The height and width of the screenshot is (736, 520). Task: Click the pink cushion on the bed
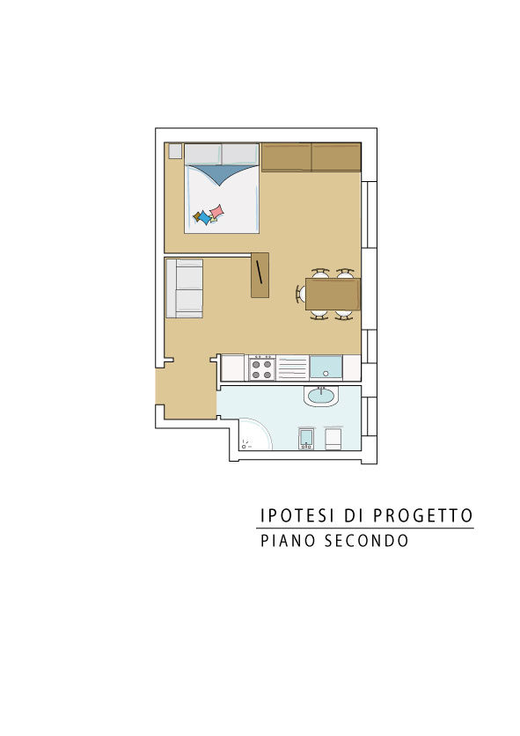pyautogui.click(x=217, y=211)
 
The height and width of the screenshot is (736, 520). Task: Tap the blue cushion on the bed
pyautogui.click(x=205, y=218)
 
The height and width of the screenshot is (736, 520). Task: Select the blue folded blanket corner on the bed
pyautogui.click(x=223, y=174)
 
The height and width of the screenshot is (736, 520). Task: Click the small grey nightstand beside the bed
pyautogui.click(x=175, y=151)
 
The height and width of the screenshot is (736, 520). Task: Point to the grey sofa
pyautogui.click(x=184, y=288)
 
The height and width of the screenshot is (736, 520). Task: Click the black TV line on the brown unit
pyautogui.click(x=259, y=272)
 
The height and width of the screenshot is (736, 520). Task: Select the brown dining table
pyautogui.click(x=333, y=294)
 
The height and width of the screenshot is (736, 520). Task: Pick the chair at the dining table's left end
pyautogui.click(x=300, y=295)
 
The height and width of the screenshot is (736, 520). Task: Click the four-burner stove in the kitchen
pyautogui.click(x=262, y=368)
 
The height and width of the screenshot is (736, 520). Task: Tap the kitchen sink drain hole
pyautogui.click(x=326, y=374)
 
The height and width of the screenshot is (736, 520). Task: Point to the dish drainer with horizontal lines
pyautogui.click(x=292, y=368)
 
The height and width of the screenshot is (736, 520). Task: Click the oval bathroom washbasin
pyautogui.click(x=321, y=397)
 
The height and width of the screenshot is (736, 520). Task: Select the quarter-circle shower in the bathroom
pyautogui.click(x=255, y=434)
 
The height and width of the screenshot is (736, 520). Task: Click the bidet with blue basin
pyautogui.click(x=306, y=439)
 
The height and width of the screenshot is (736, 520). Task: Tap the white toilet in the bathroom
pyautogui.click(x=334, y=439)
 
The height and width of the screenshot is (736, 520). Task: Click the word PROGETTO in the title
pyautogui.click(x=422, y=515)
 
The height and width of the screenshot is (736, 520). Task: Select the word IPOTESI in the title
pyautogui.click(x=297, y=515)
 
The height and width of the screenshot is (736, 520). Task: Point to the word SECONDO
pyautogui.click(x=366, y=540)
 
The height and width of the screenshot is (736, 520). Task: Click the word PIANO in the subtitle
pyautogui.click(x=288, y=540)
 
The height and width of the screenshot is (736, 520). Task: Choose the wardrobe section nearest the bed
pyautogui.click(x=286, y=157)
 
